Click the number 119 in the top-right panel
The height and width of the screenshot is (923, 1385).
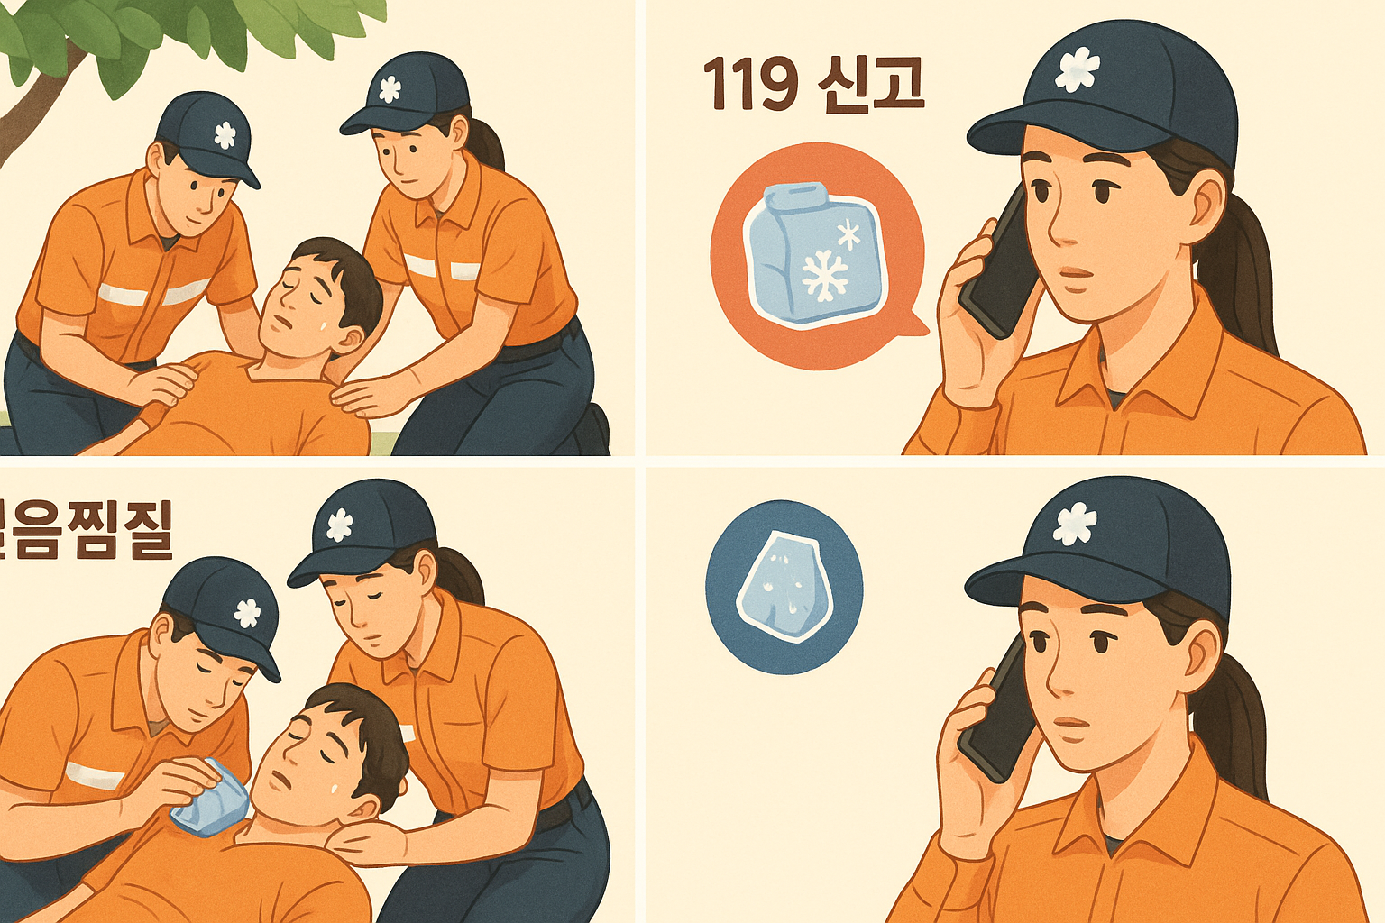(x=750, y=85)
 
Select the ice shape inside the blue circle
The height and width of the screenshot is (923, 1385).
(x=781, y=586)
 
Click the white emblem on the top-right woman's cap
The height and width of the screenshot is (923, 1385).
(x=1077, y=69)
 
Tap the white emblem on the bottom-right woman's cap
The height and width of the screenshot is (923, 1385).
(x=1075, y=524)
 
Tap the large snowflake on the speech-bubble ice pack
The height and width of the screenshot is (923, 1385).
(x=823, y=276)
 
